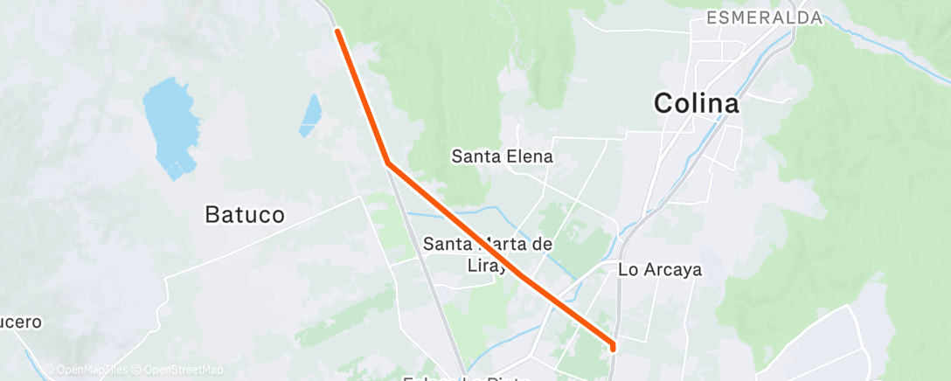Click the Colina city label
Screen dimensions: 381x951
pos(696,104)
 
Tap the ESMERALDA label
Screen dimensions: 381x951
pos(764,17)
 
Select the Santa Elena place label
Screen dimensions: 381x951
pos(502,157)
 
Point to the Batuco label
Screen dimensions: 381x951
pos(245,214)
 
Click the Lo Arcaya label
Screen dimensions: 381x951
pos(660,270)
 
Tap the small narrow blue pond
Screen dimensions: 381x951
pos(310,115)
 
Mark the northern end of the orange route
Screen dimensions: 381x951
pos(337,31)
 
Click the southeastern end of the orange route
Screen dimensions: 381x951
pos(613,347)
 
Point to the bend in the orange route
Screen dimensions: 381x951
pos(387,163)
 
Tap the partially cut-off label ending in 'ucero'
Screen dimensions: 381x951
pos(19,322)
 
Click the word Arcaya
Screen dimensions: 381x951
pos(672,270)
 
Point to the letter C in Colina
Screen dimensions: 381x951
pos(665,104)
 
